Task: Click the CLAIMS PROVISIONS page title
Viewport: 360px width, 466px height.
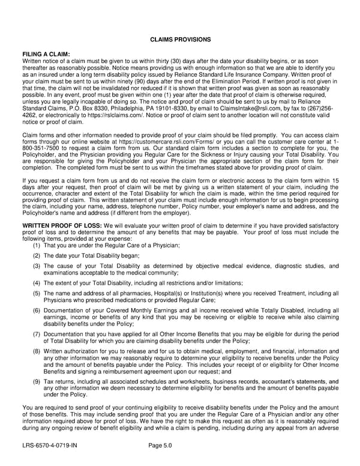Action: tap(180, 39)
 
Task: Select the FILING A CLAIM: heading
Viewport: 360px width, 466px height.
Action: tap(46, 53)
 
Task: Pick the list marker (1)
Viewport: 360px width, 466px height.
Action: tap(37, 245)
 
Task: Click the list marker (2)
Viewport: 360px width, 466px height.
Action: tap(37, 255)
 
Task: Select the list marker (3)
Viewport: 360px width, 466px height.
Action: tap(37, 265)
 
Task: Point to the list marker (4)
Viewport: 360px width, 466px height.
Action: tap(37, 282)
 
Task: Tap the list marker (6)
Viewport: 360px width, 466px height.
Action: tap(37, 310)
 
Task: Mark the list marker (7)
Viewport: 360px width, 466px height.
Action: tap(37, 333)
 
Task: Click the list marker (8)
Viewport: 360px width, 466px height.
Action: tap(37, 350)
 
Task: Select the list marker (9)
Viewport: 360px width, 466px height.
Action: tap(37, 381)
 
